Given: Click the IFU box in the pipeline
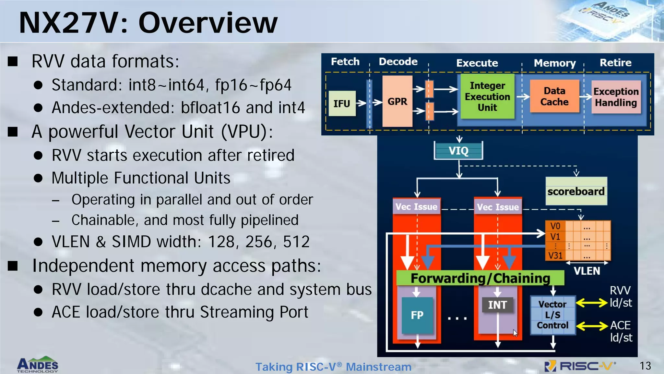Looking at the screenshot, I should click(x=342, y=104).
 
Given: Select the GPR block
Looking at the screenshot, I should click(x=397, y=101).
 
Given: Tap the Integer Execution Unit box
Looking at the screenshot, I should click(x=487, y=96).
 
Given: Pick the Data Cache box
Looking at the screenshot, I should click(x=554, y=96).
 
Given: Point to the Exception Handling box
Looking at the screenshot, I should click(x=616, y=97).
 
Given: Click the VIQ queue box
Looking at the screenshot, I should click(x=458, y=151).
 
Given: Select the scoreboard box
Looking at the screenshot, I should click(x=576, y=191).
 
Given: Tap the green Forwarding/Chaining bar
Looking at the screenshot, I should click(x=480, y=278).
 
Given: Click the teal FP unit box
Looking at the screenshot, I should click(x=417, y=315).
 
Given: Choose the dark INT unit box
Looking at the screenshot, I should click(x=497, y=305).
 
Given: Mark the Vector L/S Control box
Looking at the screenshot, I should click(x=552, y=315).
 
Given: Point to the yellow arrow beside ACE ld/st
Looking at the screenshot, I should click(x=592, y=326).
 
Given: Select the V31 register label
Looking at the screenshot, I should click(x=555, y=256).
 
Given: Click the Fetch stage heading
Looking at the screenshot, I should click(x=345, y=61).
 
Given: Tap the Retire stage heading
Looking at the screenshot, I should click(x=615, y=62).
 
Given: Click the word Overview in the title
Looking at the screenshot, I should click(x=208, y=23).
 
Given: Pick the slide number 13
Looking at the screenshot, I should click(x=645, y=366).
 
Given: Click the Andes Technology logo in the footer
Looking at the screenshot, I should click(x=38, y=365).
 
